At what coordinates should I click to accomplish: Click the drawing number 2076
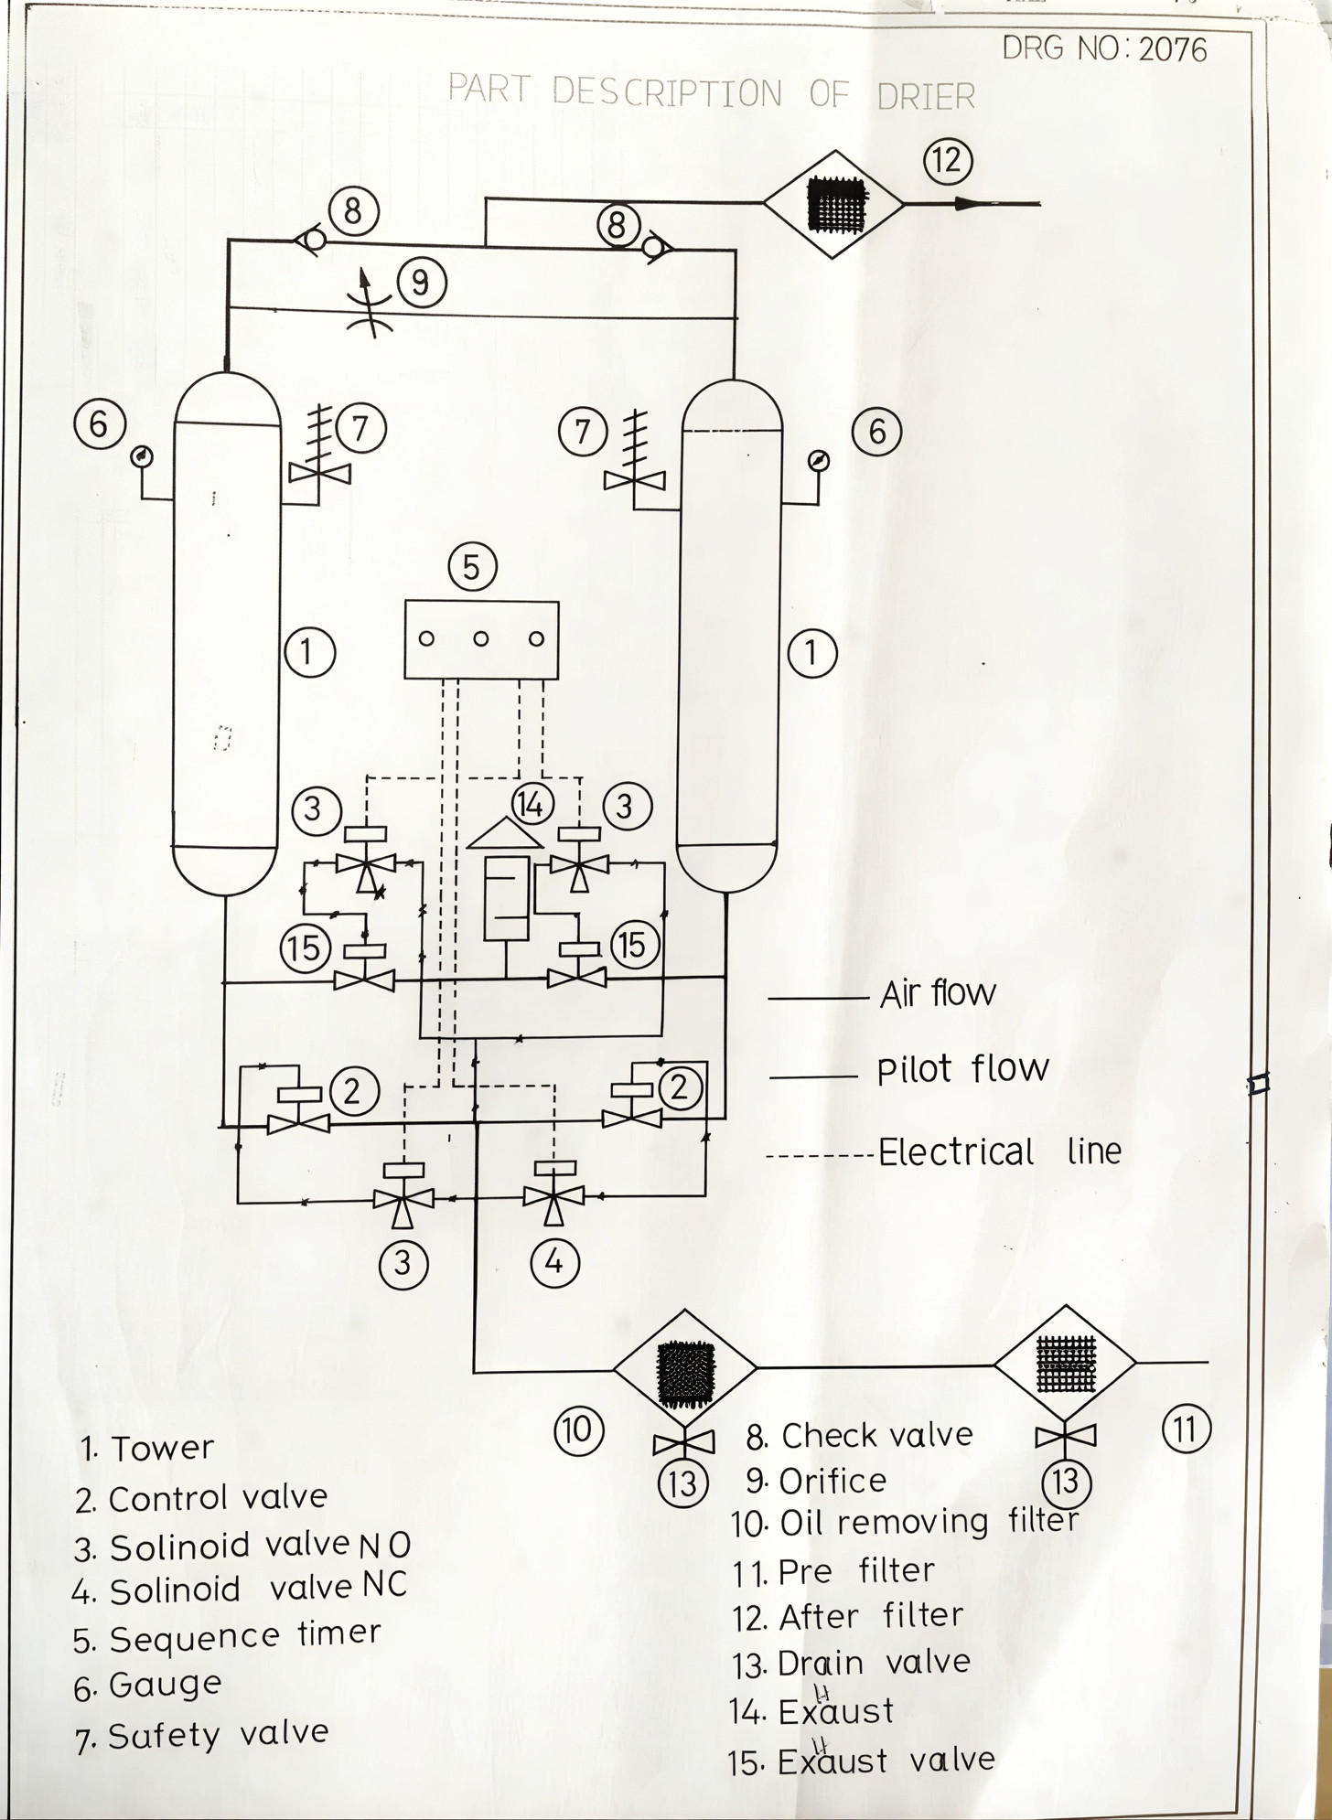click(1173, 48)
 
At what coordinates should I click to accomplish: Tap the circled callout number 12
click(947, 160)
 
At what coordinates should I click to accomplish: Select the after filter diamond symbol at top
click(833, 204)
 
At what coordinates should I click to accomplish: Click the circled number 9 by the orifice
click(420, 282)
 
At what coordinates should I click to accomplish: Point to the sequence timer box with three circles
click(481, 639)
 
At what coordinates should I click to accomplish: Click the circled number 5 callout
click(472, 567)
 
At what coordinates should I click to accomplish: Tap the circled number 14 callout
click(532, 804)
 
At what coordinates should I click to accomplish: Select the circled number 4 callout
click(554, 1262)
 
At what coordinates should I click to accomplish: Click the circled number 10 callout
click(578, 1429)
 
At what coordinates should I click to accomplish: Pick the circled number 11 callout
click(1186, 1429)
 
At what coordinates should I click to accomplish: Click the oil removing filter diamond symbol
click(684, 1368)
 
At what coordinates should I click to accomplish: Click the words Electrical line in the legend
click(999, 1151)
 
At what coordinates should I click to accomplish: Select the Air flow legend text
click(938, 993)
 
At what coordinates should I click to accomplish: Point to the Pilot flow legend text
click(962, 1069)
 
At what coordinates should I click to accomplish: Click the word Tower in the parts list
click(162, 1449)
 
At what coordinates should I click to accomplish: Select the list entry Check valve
click(876, 1436)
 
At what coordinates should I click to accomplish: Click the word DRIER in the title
click(926, 95)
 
